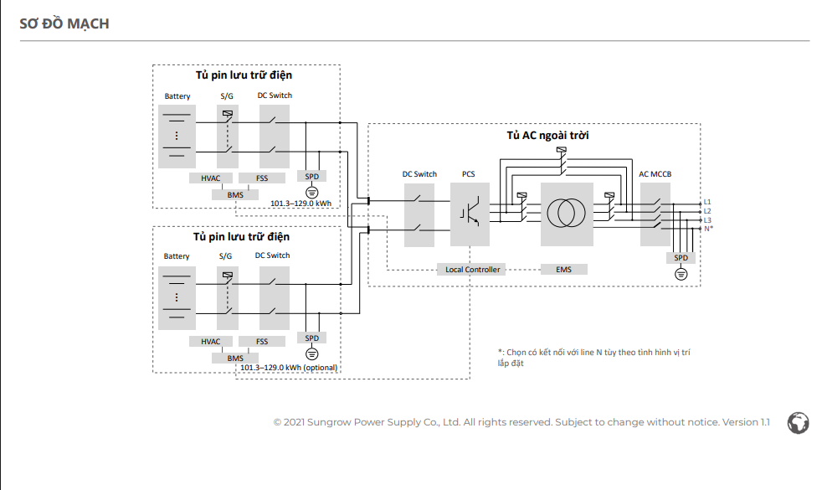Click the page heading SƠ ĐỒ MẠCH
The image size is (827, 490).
coord(64,23)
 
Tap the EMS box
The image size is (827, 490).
coord(564,269)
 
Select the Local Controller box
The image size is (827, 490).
coord(472,269)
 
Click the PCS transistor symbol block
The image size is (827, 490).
coord(470,214)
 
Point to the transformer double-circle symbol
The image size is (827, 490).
coord(567,214)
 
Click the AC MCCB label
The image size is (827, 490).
coord(655,173)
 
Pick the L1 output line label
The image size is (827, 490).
coord(707,202)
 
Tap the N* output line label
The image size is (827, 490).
coord(708,229)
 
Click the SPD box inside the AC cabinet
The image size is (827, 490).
coord(681,258)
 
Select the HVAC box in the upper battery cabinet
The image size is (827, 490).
coord(210,178)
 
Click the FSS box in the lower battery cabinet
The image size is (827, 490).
coord(262,341)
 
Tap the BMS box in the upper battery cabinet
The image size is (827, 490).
coord(235,195)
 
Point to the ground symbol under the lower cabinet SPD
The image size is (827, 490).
coord(311,353)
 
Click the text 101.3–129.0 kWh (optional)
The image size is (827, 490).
coord(289,368)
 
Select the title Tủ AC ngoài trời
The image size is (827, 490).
coord(547,135)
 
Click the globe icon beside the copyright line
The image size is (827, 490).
coord(798,423)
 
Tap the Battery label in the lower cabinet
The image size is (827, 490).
coord(177,256)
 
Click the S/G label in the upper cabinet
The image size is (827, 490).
coord(227,96)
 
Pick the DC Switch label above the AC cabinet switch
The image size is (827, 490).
coord(419,173)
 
